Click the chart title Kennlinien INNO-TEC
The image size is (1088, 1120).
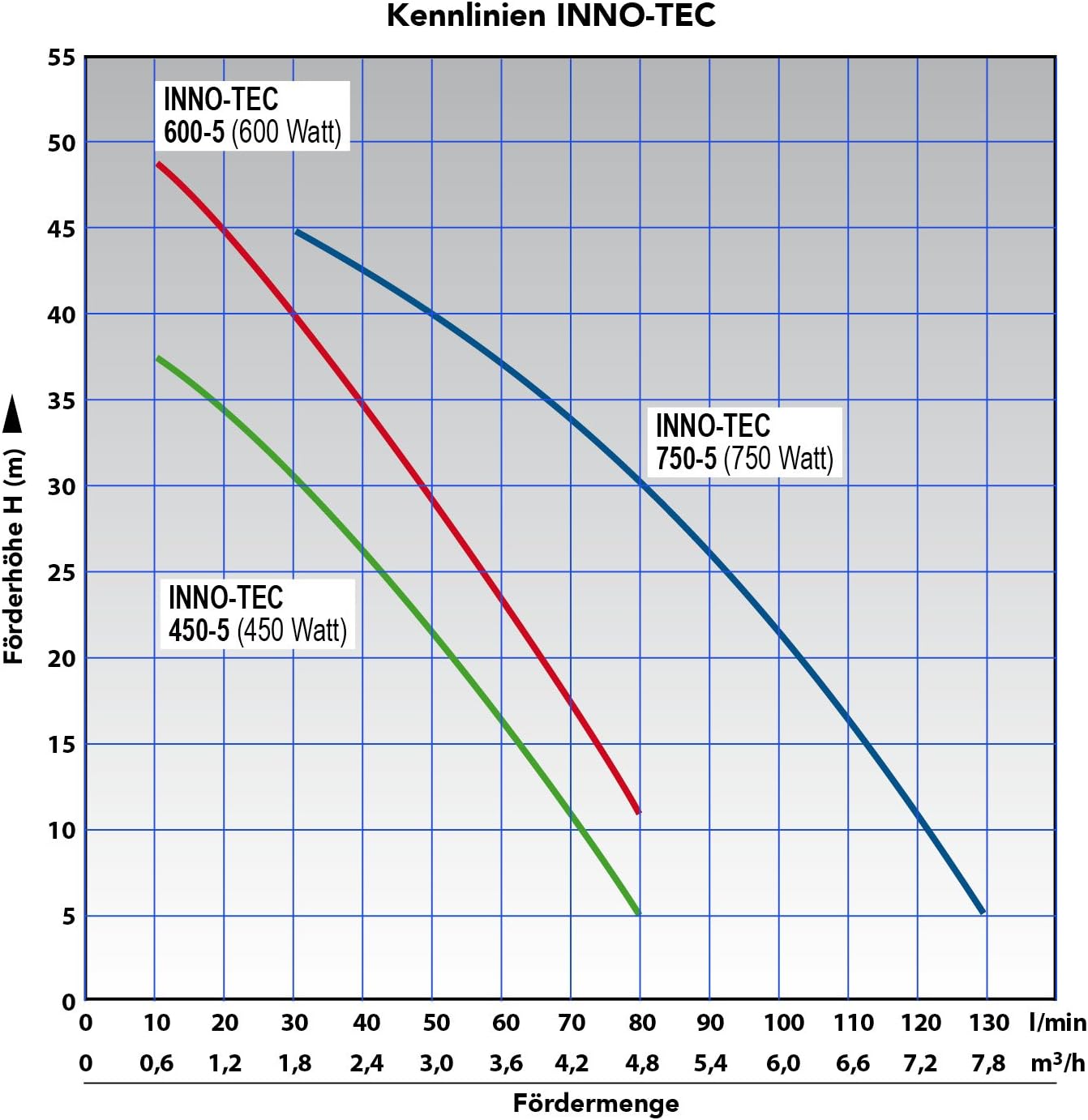(x=550, y=16)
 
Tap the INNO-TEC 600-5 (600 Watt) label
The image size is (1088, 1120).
(x=252, y=116)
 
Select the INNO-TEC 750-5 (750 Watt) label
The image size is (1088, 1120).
(x=744, y=442)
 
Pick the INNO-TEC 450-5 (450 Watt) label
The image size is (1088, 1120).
(x=257, y=614)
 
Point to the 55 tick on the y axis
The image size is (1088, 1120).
(x=61, y=58)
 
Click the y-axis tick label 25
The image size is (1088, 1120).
(x=61, y=573)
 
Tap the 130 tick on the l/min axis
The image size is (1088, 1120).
(x=988, y=1023)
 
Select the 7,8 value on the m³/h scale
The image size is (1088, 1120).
(x=988, y=1063)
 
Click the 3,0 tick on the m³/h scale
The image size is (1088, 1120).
(x=436, y=1063)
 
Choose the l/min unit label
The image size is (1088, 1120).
(x=1057, y=1023)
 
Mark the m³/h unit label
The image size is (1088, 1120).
(x=1057, y=1062)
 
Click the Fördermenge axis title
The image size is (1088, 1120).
(x=596, y=1103)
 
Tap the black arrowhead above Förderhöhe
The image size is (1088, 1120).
(x=13, y=416)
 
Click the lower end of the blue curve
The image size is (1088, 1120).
(x=982, y=911)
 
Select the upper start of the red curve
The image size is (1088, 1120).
(x=159, y=165)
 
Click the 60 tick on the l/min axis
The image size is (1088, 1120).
(x=505, y=1023)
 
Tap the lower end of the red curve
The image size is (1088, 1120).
(x=638, y=810)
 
